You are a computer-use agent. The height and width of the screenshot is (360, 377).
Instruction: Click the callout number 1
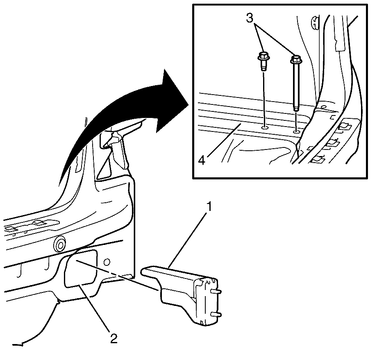click(x=209, y=207)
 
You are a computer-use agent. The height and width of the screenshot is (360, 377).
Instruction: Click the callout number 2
click(x=114, y=339)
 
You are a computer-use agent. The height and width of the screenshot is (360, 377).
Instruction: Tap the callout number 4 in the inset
click(x=202, y=161)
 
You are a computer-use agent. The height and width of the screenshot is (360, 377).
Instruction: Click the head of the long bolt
click(x=296, y=59)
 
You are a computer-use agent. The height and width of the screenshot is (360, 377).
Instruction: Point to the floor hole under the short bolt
click(x=264, y=127)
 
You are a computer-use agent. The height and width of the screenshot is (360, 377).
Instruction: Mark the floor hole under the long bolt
click(x=296, y=132)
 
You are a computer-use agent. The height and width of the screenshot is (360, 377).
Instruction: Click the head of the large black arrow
click(x=171, y=101)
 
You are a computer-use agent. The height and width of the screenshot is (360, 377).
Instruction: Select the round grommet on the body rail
click(x=60, y=244)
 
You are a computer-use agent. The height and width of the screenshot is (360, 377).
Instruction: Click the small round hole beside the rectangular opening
click(x=107, y=261)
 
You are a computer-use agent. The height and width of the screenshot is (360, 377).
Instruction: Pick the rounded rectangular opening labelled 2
click(x=81, y=268)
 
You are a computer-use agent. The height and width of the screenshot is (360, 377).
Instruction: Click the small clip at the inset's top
click(x=314, y=23)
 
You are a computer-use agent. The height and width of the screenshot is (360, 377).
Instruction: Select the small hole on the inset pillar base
click(x=324, y=106)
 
